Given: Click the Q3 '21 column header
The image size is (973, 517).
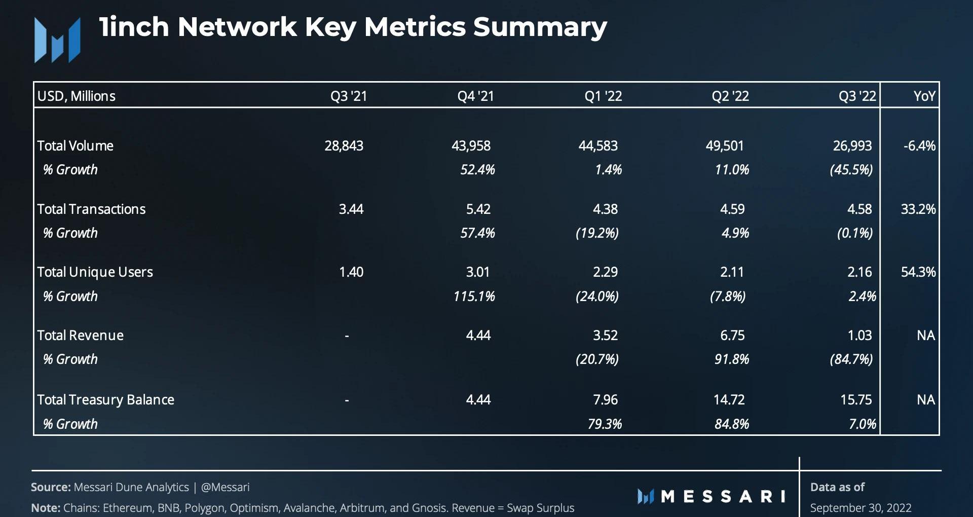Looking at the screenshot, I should [349, 96].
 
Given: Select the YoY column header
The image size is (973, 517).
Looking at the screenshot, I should [924, 96].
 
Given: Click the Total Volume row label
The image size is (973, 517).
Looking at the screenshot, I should [75, 146].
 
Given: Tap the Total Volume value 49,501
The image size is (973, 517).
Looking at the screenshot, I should [725, 146].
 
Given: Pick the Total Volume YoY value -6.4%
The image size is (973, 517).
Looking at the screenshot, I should [919, 146].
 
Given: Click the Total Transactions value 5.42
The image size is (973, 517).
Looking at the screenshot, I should [478, 209].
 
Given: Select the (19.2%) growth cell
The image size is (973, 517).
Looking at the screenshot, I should [597, 233].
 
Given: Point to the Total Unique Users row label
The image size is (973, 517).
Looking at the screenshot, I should [95, 272].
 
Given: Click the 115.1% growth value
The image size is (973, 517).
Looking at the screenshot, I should [474, 297].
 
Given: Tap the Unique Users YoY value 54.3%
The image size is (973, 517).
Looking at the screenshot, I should [918, 272].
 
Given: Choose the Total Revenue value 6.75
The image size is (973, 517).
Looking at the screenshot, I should [732, 336].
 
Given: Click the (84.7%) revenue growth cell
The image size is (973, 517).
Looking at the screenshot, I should [851, 359].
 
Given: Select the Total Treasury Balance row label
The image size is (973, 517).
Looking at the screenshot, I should [105, 400].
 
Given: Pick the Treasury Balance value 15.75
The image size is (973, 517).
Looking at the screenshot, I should [856, 400].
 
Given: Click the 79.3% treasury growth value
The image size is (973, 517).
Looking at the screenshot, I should [605, 424].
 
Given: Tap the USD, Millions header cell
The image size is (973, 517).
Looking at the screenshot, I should [77, 96].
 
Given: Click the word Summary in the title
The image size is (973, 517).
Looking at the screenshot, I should [540, 27].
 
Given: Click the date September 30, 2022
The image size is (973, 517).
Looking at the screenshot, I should [860, 508].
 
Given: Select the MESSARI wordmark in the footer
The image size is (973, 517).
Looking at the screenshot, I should [712, 496].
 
